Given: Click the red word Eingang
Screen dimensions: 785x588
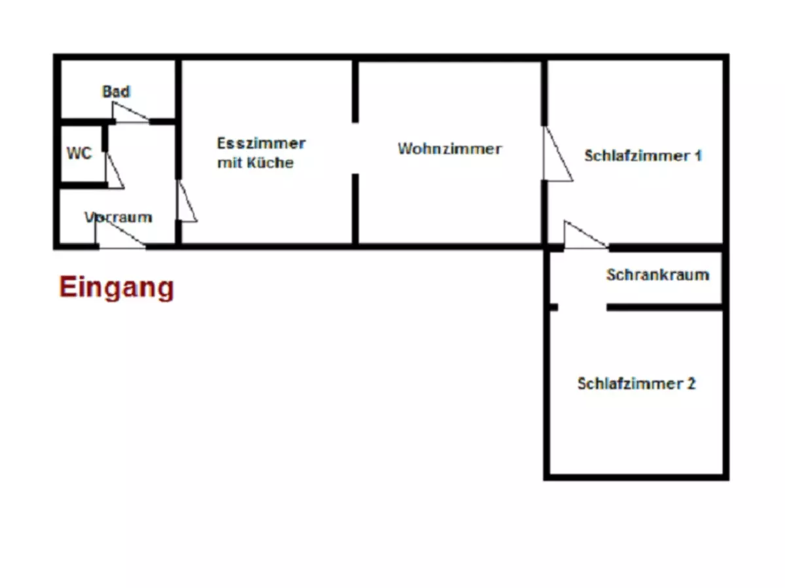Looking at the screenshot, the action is [x=116, y=287].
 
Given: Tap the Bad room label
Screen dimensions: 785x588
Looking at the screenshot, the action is [x=116, y=91].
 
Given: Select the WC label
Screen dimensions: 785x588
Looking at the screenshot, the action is [x=79, y=154].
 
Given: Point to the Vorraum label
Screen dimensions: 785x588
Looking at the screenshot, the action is [x=118, y=217].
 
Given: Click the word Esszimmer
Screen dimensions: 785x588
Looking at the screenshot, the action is [x=261, y=143].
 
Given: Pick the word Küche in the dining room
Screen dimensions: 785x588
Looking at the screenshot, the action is [x=270, y=163].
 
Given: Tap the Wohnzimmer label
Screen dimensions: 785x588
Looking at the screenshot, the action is [x=449, y=149].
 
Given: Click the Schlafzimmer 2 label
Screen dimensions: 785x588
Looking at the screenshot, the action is [x=636, y=384].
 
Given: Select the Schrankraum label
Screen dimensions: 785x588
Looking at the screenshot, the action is [x=657, y=274].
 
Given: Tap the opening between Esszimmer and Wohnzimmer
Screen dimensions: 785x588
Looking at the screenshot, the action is [x=355, y=148].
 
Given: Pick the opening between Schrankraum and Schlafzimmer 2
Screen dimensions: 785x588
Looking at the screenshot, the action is [x=582, y=307].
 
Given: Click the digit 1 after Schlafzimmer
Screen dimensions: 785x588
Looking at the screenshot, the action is [x=698, y=156].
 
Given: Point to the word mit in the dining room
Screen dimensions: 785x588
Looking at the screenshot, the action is [x=230, y=163].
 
